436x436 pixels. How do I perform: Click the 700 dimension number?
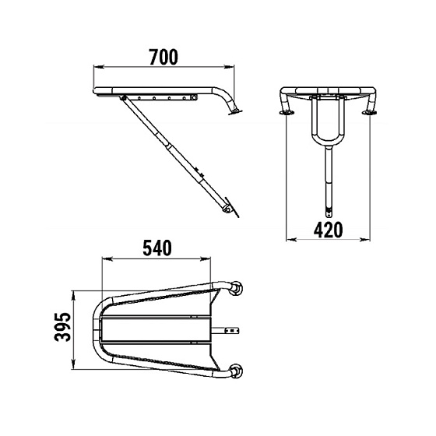(163, 57)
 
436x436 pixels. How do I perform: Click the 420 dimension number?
(328, 230)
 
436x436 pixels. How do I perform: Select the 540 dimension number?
(157, 248)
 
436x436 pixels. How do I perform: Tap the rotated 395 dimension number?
(63, 327)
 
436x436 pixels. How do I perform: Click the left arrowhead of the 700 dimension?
(99, 67)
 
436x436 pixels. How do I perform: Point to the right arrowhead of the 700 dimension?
(229, 67)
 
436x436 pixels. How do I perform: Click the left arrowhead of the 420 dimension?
(291, 239)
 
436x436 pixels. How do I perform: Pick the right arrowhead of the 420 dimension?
(365, 239)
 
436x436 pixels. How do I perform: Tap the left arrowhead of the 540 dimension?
(107, 259)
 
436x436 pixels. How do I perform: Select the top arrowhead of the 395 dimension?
(74, 296)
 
